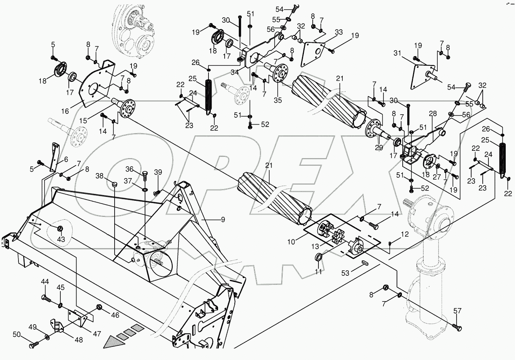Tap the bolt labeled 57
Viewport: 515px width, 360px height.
tap(457, 328)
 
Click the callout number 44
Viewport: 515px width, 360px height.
tap(45, 282)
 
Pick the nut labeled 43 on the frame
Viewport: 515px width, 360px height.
tap(60, 229)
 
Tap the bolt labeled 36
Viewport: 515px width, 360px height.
tap(145, 176)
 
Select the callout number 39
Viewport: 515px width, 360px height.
tap(158, 172)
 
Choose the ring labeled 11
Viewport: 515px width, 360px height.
tap(319, 257)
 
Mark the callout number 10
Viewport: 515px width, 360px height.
tap(292, 242)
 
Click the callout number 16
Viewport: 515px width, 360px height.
tap(65, 111)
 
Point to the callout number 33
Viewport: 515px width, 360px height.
tap(338, 32)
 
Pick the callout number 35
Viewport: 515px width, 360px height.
tap(278, 100)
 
